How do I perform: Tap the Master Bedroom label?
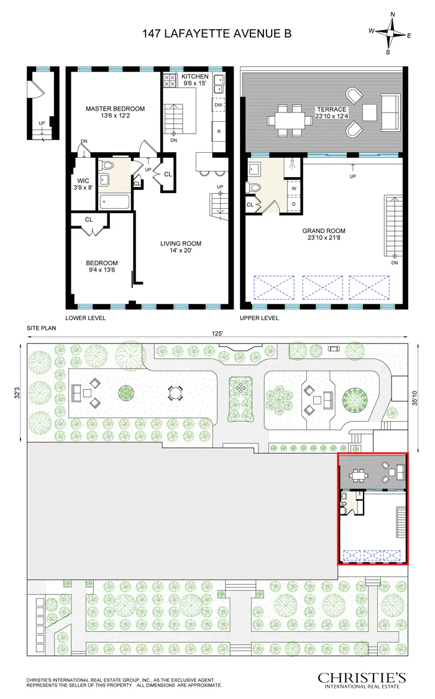(115, 112)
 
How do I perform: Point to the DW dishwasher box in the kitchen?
(218, 106)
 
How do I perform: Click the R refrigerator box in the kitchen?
(218, 132)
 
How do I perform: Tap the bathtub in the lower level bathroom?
(114, 201)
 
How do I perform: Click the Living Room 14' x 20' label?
(180, 247)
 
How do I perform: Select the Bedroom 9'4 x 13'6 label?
(101, 267)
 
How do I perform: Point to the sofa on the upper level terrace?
(391, 112)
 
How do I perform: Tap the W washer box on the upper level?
(293, 188)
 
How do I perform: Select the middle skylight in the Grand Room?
(321, 288)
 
